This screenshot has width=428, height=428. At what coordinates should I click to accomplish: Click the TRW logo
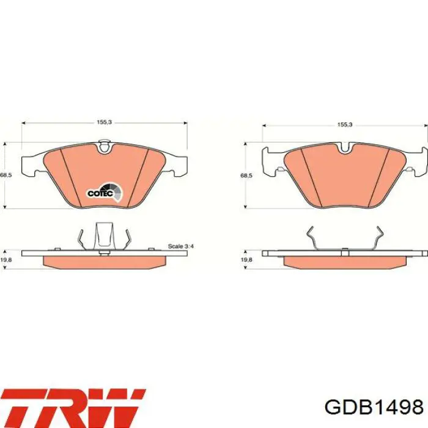coord(73,406)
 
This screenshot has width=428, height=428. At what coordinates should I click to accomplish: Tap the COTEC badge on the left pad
coord(105,192)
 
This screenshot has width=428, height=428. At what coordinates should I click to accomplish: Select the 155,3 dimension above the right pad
coord(345,125)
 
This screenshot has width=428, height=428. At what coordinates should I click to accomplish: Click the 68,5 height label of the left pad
coord(6,175)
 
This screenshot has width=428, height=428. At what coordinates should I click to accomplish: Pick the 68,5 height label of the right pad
coord(246,175)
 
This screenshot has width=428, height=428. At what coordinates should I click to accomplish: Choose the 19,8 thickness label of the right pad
coord(246,260)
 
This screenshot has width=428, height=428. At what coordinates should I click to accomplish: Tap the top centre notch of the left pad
coord(105,146)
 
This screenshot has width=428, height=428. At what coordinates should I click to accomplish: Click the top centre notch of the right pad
coord(345,147)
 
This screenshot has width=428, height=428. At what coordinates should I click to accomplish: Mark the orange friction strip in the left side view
coord(105,261)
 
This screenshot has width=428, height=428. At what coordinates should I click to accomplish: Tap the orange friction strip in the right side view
coord(345,261)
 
